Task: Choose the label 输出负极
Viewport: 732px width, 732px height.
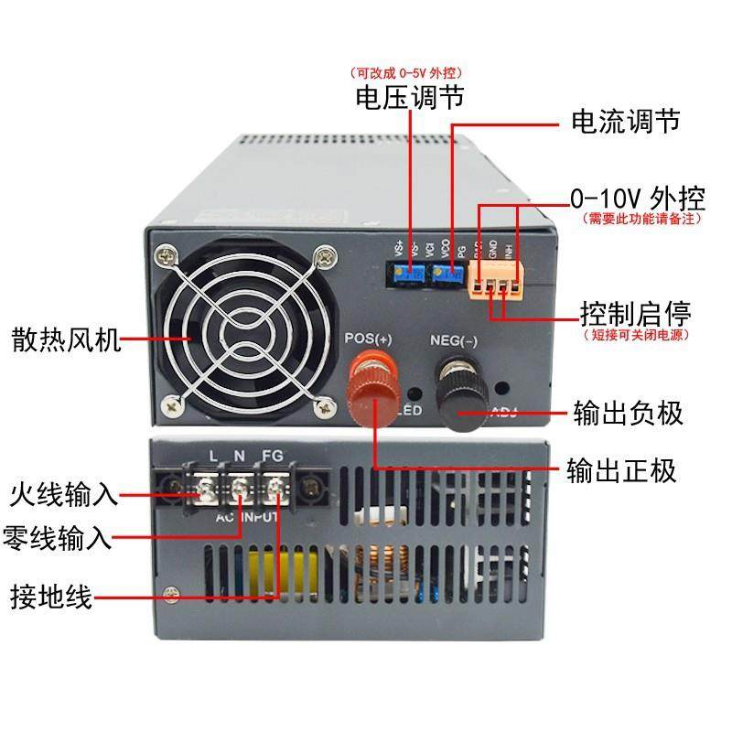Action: (628, 413)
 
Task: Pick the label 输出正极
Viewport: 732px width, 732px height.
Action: (622, 470)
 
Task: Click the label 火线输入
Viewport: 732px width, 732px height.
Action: (64, 496)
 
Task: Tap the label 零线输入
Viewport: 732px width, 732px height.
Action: (58, 537)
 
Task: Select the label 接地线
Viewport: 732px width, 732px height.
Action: (50, 599)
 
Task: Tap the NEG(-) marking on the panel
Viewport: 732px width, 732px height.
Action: (455, 342)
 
